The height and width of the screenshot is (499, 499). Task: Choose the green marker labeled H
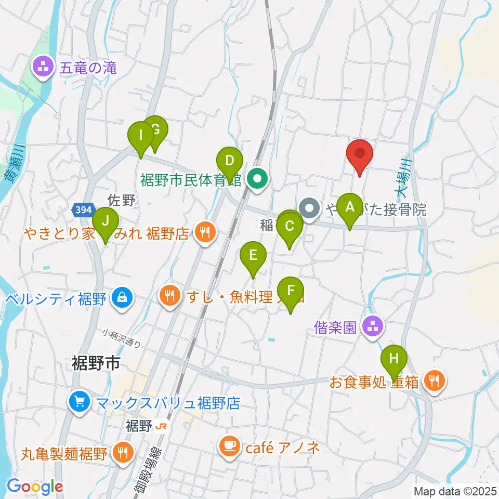[395, 359]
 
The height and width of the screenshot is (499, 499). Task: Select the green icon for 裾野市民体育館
[257, 180]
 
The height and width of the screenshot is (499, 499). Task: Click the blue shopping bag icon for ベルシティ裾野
[121, 299]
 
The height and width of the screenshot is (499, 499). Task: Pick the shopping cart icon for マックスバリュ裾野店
[80, 402]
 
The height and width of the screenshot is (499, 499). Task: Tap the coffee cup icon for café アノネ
[229, 447]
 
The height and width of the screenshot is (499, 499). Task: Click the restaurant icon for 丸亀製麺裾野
[122, 454]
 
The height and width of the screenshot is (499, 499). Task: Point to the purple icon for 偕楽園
[372, 327]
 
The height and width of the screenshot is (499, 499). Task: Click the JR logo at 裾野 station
[161, 427]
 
